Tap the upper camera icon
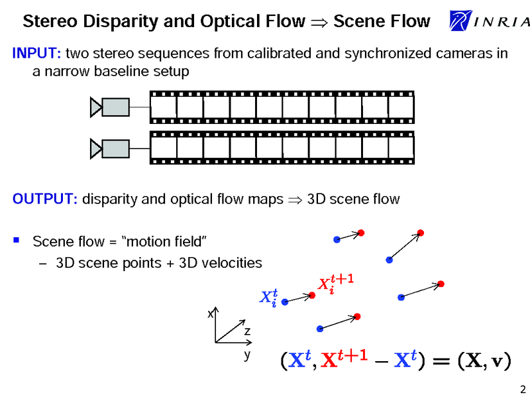point(109,107)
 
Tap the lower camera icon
point(109,148)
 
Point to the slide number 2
point(522,388)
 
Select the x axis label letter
point(210,313)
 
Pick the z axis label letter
point(246,330)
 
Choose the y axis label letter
point(246,355)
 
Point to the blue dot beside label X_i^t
point(284,302)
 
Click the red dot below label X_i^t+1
point(312,295)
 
